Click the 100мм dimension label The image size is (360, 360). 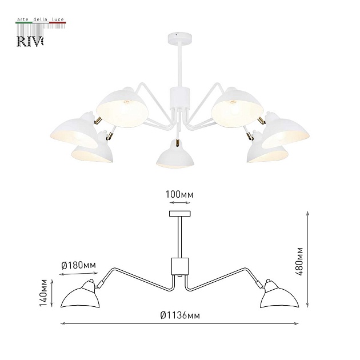pos(179,195)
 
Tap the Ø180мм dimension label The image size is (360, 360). pos(78,265)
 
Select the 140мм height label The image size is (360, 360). pos(43,293)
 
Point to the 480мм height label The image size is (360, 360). pos(299,262)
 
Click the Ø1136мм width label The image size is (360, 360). pos(180,315)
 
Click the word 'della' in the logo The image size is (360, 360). pos(41,19)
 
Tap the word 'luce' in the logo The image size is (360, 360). pos(58,19)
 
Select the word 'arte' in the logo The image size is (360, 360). pos(23,20)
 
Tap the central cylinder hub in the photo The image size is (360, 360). pos(180,98)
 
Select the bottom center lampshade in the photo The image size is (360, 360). pos(175,155)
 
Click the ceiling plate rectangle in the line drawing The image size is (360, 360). pos(180,214)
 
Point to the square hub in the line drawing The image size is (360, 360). pos(180,266)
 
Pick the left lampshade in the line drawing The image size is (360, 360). pos(80,294)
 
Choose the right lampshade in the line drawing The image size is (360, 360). pos(279,294)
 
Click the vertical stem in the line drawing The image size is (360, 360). pos(180,237)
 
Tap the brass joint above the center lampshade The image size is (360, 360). pos(177,142)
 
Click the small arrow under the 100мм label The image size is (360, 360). pos(180,203)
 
